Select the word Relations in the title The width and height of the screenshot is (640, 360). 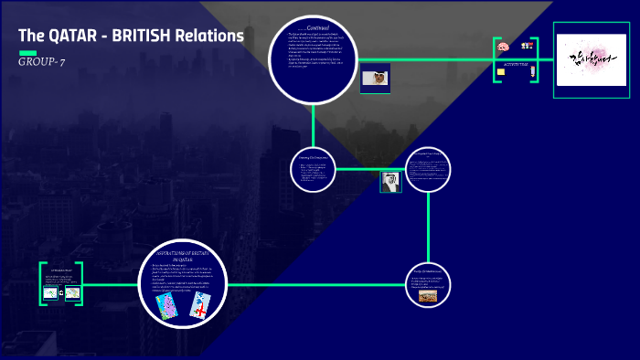click(211, 37)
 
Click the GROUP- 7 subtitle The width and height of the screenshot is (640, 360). click(41, 61)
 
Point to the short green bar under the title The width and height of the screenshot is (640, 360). click(27, 52)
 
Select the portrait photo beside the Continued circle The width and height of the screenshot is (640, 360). click(375, 78)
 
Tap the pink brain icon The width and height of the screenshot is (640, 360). click(501, 48)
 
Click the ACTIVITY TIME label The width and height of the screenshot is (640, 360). click(516, 65)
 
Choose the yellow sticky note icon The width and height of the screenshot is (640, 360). click(501, 72)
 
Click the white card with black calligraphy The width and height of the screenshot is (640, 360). click(592, 59)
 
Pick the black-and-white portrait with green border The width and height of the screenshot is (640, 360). click(390, 182)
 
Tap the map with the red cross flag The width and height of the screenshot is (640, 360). click(200, 307)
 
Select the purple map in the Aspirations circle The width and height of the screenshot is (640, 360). click(166, 307)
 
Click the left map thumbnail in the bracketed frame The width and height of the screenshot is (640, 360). click(50, 292)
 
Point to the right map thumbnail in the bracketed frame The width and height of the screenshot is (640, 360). click(72, 292)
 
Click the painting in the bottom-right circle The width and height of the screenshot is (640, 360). click(427, 296)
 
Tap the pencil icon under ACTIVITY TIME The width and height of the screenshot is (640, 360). click(530, 72)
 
